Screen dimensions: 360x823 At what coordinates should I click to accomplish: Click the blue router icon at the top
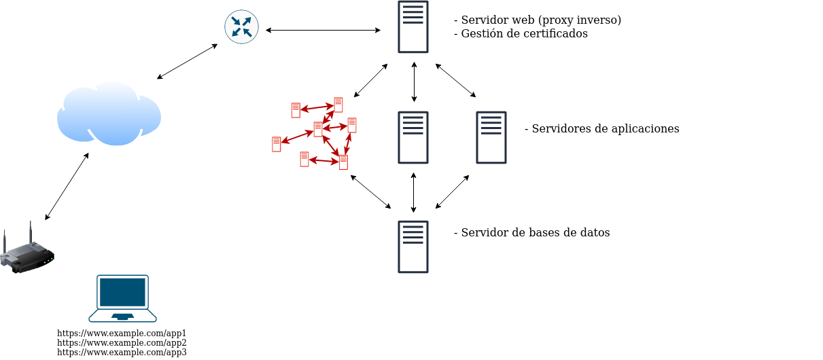point(241,27)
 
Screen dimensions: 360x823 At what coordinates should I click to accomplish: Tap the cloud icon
point(109,113)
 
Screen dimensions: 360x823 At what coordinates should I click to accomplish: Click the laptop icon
point(122,298)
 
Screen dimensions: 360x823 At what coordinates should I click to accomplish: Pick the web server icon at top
point(413,27)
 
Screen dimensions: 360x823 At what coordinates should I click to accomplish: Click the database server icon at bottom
point(413,247)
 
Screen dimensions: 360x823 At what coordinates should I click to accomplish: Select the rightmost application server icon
point(491,138)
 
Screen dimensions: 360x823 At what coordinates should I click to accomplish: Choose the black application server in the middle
point(413,138)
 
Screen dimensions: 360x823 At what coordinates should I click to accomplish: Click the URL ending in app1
point(122,334)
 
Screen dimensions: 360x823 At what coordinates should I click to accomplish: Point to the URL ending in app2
point(122,343)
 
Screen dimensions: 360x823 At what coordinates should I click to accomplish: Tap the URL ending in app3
point(122,353)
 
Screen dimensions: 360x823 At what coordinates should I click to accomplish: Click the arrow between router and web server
point(323,30)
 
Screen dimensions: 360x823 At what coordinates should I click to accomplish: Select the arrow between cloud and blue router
point(188,61)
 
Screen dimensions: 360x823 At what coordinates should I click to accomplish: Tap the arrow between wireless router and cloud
point(67,186)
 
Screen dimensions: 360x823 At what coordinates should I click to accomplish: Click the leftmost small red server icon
point(277,144)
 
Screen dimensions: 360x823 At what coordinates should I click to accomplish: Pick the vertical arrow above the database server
point(413,192)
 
